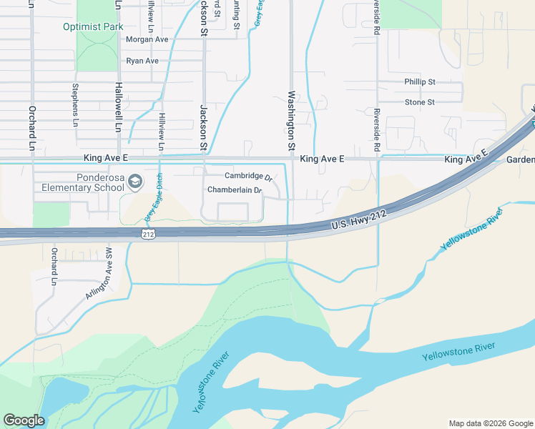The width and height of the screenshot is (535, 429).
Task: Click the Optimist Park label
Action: (94, 26)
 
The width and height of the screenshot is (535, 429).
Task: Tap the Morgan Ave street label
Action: (147, 39)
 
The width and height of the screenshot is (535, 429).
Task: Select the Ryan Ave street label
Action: (142, 61)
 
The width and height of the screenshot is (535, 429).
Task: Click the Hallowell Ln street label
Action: (118, 107)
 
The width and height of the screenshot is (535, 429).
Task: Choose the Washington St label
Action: (291, 121)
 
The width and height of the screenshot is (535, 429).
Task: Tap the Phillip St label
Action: (419, 82)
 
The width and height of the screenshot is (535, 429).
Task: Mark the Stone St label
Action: (419, 102)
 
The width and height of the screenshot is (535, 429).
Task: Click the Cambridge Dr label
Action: (249, 176)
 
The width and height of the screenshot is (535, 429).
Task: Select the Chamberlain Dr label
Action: (235, 190)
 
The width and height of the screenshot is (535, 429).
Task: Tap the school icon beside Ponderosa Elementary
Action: (136, 182)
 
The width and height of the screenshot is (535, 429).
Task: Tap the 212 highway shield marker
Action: (148, 234)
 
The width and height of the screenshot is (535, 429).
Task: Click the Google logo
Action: (24, 420)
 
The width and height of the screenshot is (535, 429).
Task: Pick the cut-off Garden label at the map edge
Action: (521, 160)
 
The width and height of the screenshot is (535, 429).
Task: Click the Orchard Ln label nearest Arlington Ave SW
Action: (54, 266)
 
